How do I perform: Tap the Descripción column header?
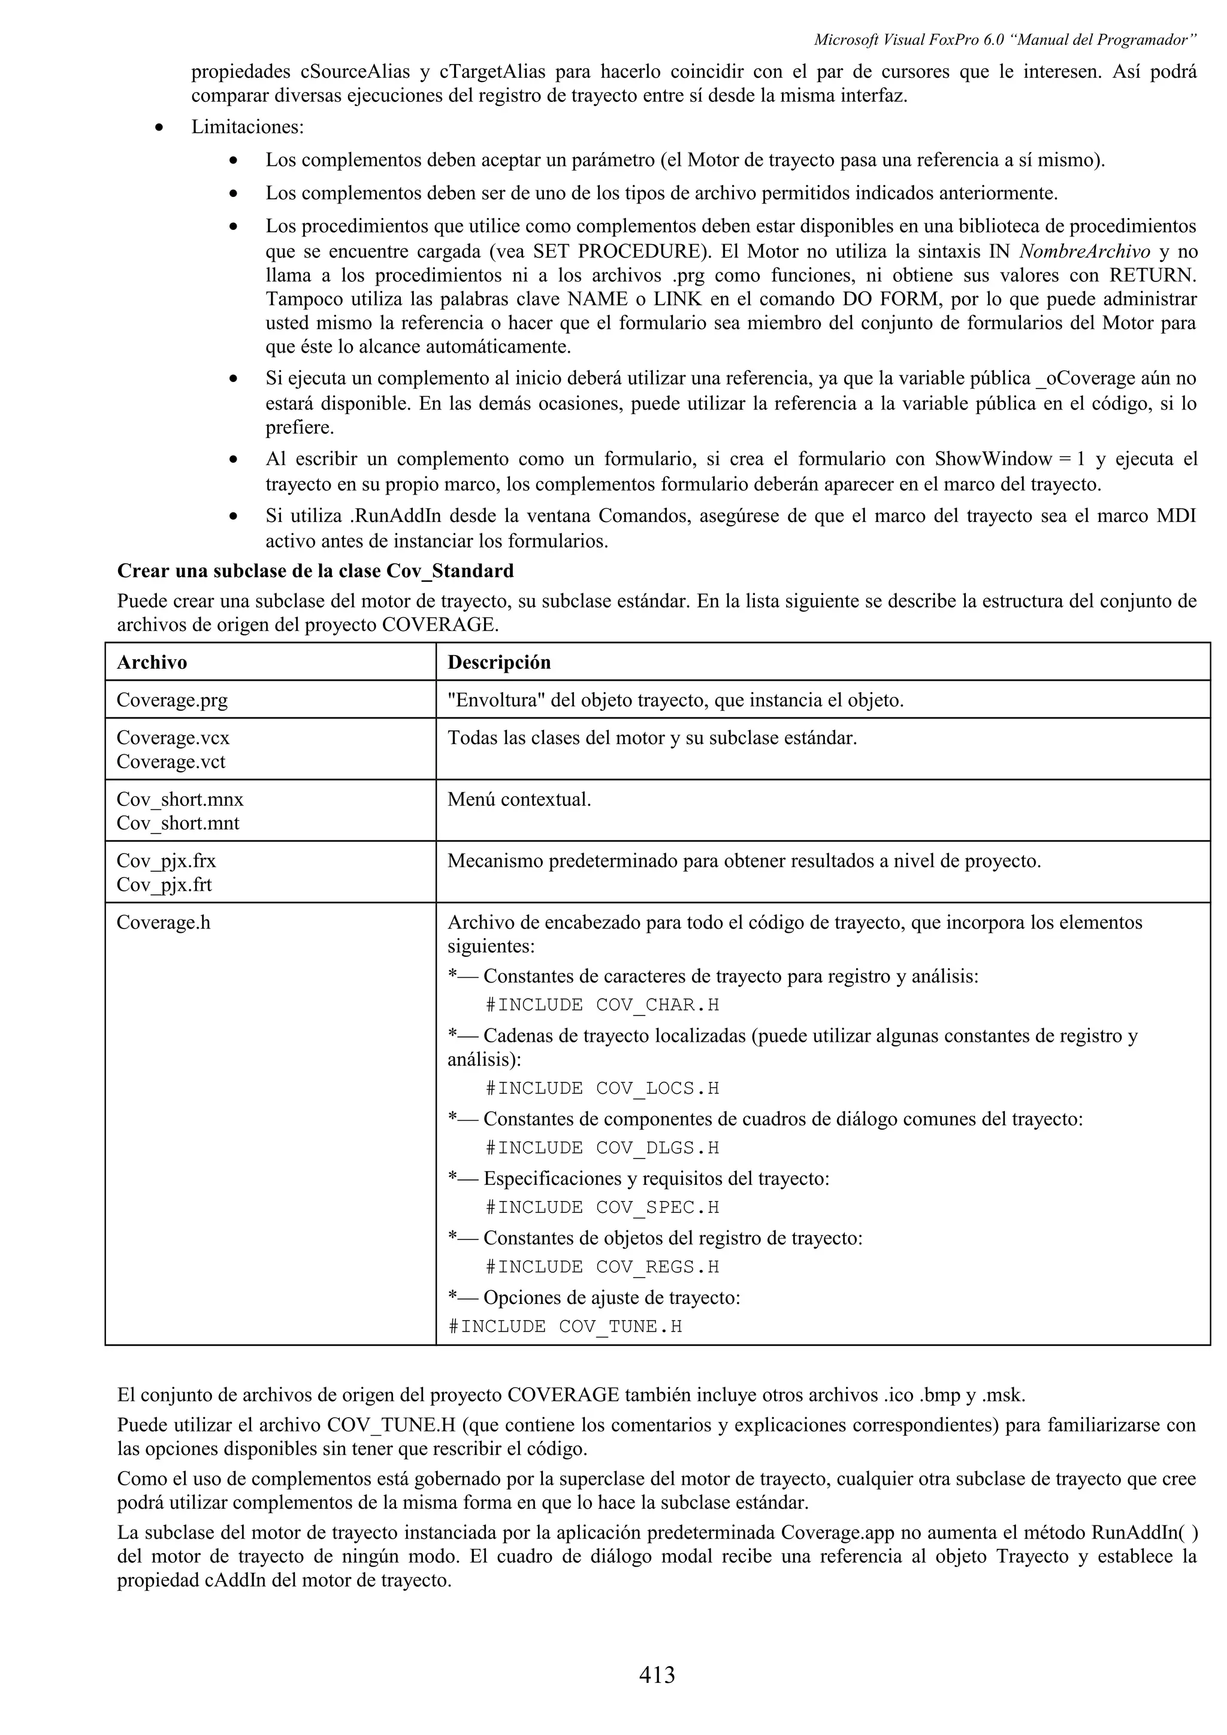click(499, 663)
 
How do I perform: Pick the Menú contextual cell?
click(519, 799)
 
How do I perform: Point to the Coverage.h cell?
click(164, 923)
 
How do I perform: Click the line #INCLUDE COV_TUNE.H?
click(565, 1327)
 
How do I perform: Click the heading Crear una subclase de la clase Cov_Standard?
click(315, 571)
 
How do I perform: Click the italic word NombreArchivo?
click(1085, 251)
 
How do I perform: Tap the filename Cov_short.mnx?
click(180, 799)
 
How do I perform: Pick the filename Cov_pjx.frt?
click(164, 885)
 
